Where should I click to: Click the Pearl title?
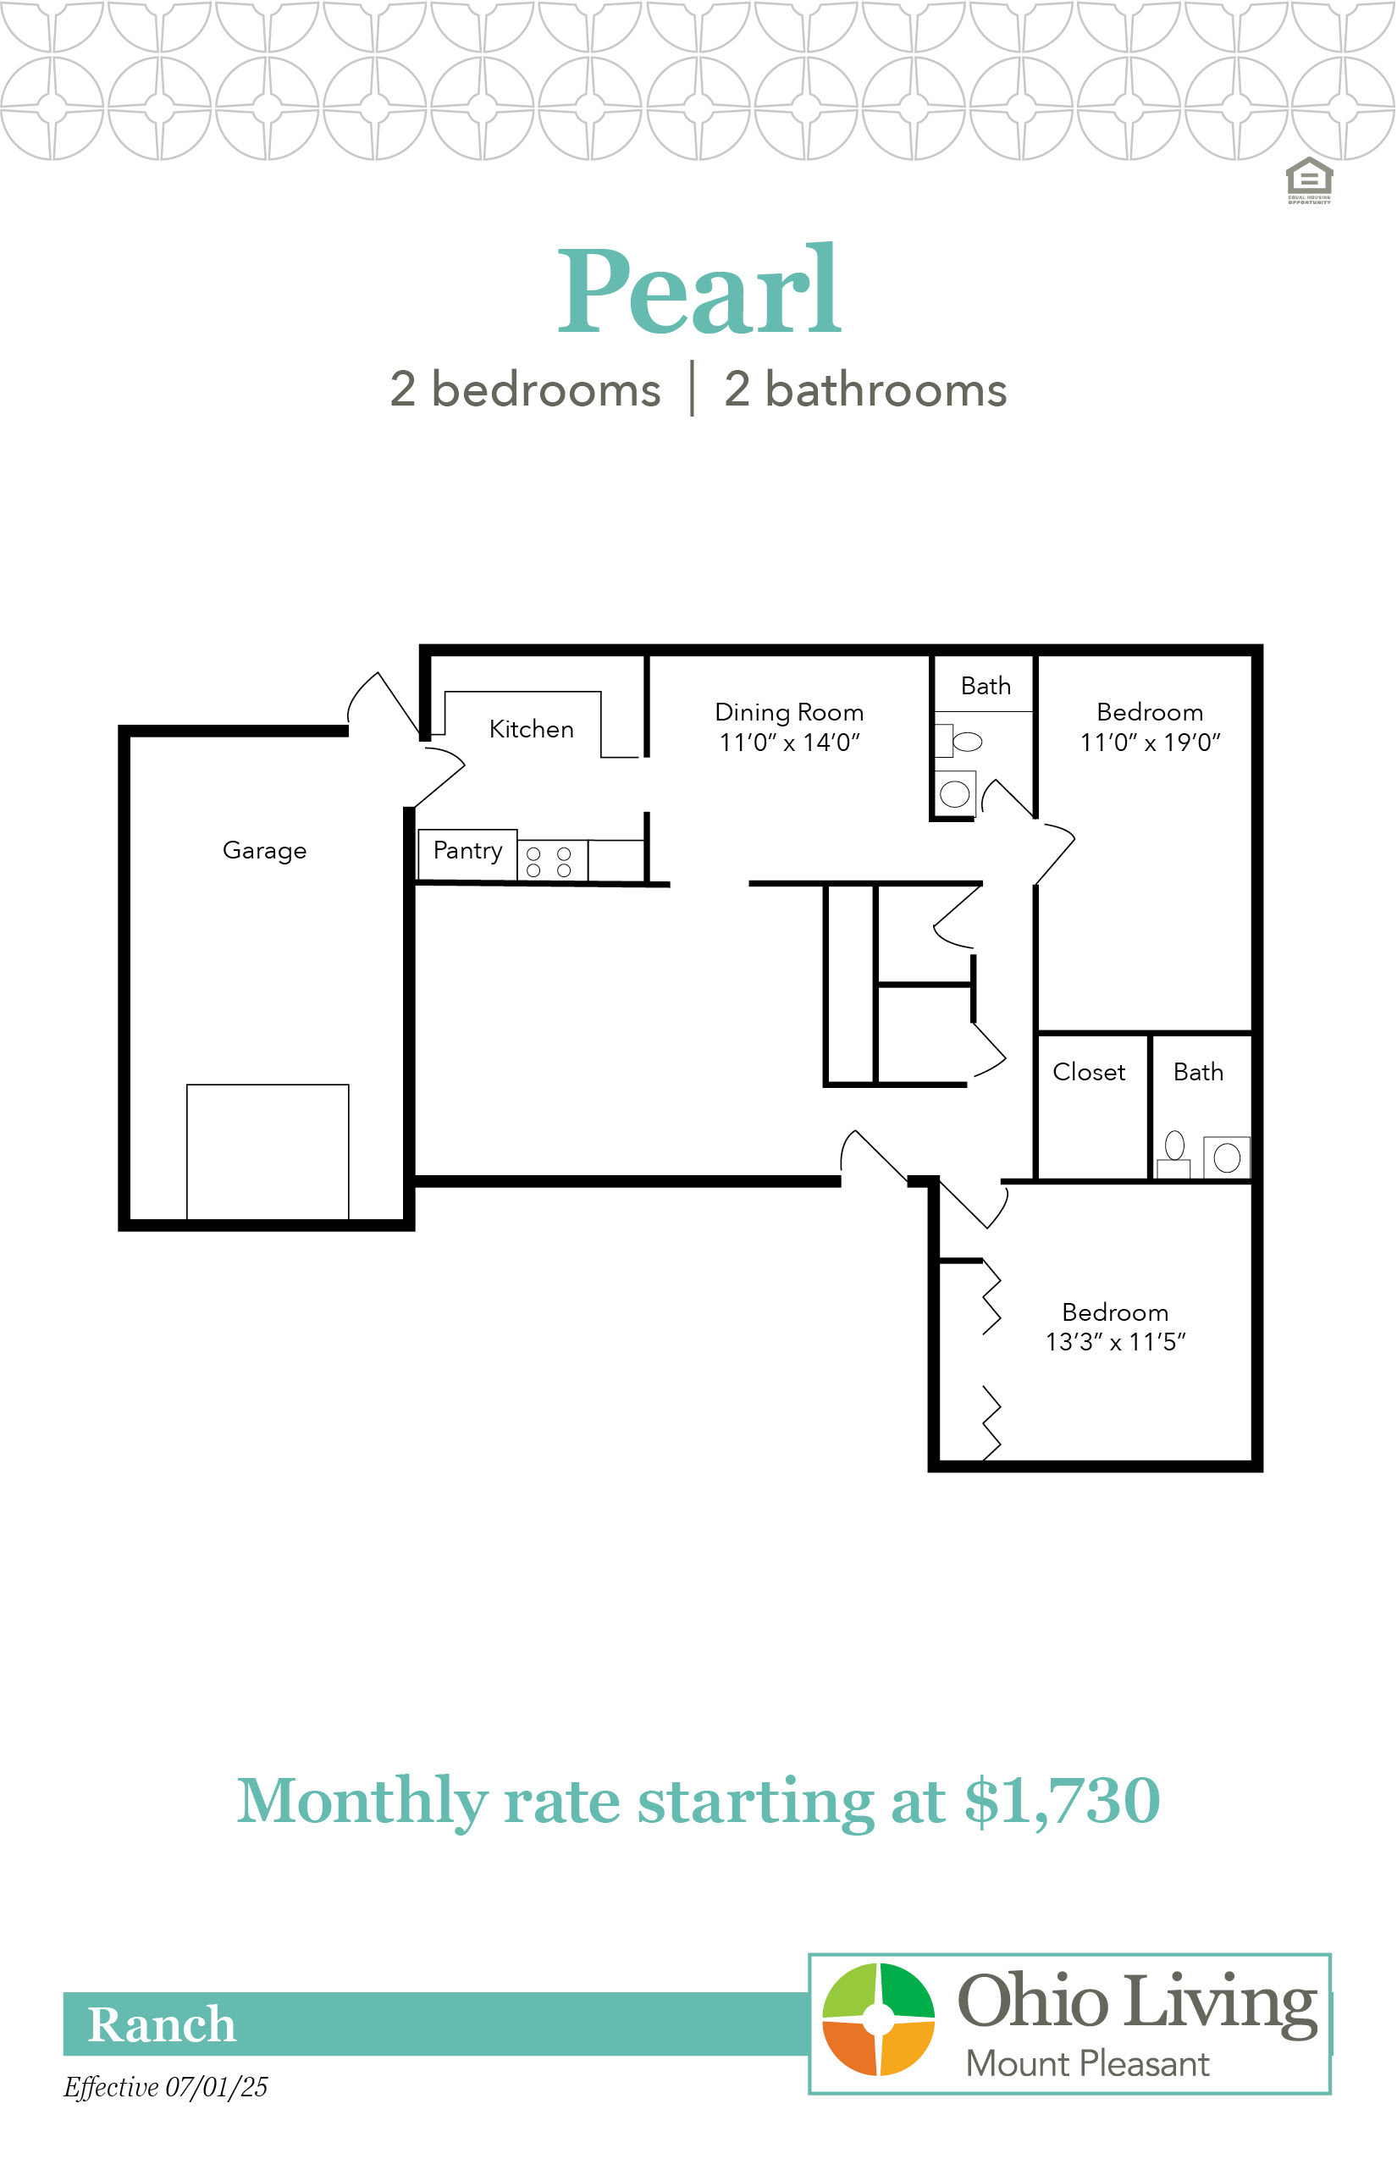(699, 290)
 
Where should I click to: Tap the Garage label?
(265, 851)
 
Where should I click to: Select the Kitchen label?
(532, 728)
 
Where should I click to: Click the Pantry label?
(468, 851)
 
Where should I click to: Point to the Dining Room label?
(789, 713)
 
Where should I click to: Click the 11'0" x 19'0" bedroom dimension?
(1151, 743)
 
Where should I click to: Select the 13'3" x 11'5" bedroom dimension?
(1116, 1343)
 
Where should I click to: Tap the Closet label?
(1089, 1072)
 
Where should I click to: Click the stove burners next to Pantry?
(549, 862)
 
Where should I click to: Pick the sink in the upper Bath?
(955, 794)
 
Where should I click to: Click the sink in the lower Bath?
(1228, 1157)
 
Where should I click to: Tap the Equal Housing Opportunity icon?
(1309, 179)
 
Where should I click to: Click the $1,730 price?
(1063, 1800)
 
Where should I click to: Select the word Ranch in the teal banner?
(162, 2024)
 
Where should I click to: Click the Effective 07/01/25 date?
(166, 2087)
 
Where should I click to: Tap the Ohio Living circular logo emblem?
(878, 2019)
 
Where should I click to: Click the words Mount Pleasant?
(1088, 2065)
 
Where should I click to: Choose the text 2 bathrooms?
(865, 390)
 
